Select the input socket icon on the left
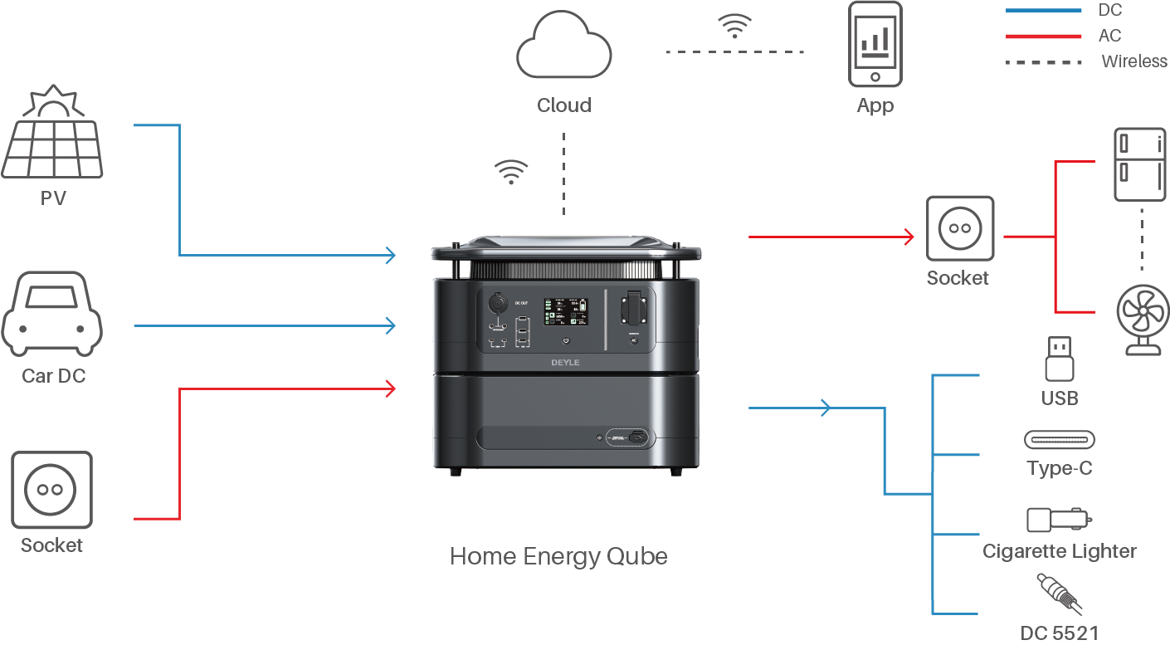coord(51,491)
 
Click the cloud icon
coord(564,49)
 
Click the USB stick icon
coord(1059,358)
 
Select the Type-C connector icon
coord(1059,439)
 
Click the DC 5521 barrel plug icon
coord(1059,593)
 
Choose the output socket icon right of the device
coord(959,229)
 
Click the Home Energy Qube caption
coord(558,555)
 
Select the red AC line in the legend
coord(1043,36)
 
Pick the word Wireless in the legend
coord(1133,61)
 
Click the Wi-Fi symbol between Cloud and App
coord(734,27)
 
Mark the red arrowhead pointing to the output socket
coord(909,237)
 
